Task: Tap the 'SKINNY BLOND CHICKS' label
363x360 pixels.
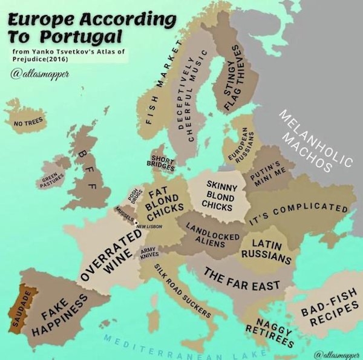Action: [x=217, y=195]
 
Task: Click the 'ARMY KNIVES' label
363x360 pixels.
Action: [x=149, y=252]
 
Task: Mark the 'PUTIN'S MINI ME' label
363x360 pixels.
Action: [x=264, y=173]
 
